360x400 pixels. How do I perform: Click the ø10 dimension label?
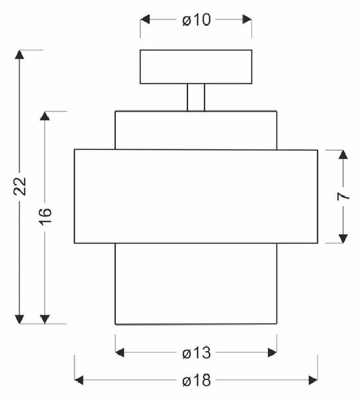click(197, 20)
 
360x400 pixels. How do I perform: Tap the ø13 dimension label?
click(197, 353)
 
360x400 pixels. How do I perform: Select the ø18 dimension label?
click(197, 381)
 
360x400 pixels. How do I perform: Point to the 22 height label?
click(20, 186)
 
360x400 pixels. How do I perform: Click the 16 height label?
click(45, 217)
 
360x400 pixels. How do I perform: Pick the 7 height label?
click(343, 197)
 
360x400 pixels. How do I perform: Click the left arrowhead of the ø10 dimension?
click(145, 19)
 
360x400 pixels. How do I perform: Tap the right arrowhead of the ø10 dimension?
click(247, 19)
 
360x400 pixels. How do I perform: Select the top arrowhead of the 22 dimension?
click(19, 55)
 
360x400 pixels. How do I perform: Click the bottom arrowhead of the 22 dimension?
click(19, 319)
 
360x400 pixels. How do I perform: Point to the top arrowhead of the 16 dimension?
click(45, 116)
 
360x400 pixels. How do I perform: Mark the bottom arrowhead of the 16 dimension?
click(45, 319)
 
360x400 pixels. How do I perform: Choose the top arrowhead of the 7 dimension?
click(343, 155)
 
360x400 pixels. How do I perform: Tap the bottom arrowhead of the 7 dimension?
click(343, 239)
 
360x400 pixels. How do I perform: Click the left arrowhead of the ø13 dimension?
click(119, 353)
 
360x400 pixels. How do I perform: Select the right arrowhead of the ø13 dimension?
click(272, 353)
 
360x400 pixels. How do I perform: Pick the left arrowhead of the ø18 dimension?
click(79, 380)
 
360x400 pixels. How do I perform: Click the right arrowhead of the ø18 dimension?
click(313, 380)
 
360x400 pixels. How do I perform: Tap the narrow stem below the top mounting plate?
click(196, 97)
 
